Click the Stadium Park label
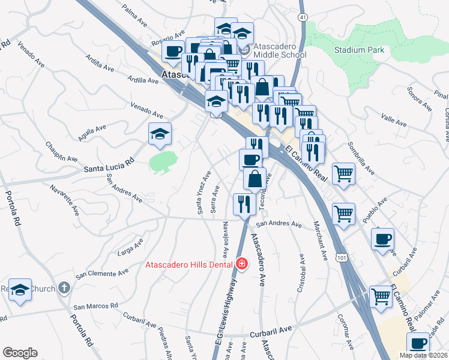[359, 50]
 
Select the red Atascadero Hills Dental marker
[242, 264]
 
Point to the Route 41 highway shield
[303, 18]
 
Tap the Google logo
[20, 353]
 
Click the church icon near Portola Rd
[64, 288]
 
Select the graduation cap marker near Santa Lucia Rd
[160, 134]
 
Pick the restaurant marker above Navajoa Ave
[244, 203]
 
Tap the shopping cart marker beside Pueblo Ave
[343, 214]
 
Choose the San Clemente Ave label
[101, 273]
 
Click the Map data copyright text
[423, 355]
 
